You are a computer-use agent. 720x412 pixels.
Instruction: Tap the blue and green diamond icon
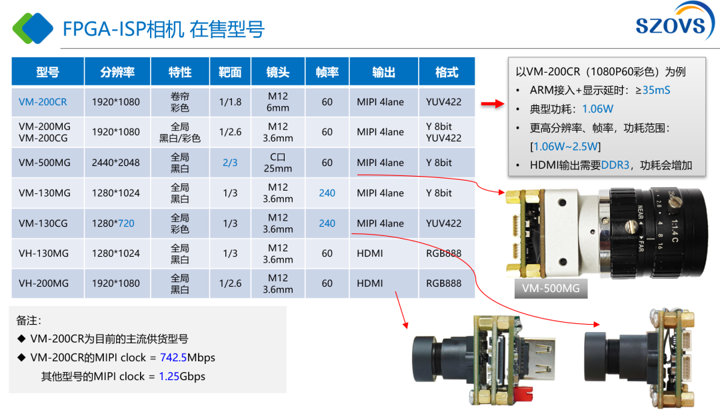33,28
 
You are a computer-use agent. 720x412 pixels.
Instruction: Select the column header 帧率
327,72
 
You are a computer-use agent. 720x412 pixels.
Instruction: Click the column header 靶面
230,72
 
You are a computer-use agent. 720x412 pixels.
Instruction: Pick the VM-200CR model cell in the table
43,102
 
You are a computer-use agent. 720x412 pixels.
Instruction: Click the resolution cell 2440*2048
116,163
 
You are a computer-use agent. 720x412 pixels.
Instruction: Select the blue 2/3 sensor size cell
230,163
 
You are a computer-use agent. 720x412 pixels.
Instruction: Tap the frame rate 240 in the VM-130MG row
327,193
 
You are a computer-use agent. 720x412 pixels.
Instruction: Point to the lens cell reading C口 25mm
278,163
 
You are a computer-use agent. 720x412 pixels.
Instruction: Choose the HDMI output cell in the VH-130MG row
369,253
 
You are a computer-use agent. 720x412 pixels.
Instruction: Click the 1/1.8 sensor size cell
230,102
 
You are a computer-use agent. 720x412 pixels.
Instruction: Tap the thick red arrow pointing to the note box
493,104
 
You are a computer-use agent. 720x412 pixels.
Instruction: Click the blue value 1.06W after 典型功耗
597,109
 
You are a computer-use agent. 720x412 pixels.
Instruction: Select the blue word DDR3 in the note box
615,165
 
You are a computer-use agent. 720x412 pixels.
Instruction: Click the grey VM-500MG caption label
551,289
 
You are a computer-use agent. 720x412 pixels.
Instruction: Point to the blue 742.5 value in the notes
173,357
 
